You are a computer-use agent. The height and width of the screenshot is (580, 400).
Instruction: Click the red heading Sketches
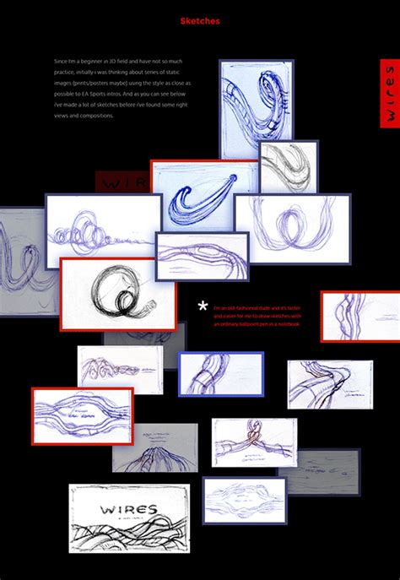click(200, 21)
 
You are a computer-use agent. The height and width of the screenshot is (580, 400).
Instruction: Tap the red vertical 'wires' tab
click(389, 93)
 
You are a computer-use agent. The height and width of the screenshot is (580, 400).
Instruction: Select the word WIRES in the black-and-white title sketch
click(127, 509)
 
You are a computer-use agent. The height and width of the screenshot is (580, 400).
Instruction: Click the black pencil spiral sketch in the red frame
click(118, 293)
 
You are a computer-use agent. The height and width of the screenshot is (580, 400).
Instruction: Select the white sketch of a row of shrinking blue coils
click(103, 232)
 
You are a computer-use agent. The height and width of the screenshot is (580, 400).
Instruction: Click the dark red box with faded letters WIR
click(122, 182)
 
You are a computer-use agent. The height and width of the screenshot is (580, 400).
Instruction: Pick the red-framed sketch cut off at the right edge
click(360, 316)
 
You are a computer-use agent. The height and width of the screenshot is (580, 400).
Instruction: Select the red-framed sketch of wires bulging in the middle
click(83, 416)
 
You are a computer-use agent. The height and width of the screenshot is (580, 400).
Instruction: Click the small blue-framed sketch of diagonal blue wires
click(221, 373)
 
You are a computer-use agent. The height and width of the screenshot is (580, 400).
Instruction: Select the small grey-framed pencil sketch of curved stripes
click(289, 166)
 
